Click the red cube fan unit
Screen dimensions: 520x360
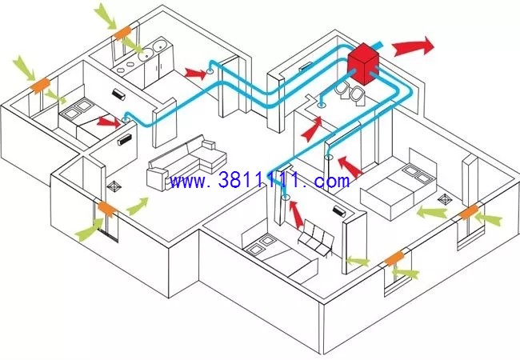click(363, 64)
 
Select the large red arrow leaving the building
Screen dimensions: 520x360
click(413, 46)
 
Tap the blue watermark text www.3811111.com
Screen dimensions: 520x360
click(259, 181)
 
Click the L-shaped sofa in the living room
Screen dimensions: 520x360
click(186, 162)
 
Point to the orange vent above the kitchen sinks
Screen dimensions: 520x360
click(122, 33)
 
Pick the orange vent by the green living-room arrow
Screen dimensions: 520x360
click(107, 209)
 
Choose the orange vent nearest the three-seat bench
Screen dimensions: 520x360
click(394, 258)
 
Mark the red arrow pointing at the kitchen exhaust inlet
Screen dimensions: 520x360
click(196, 74)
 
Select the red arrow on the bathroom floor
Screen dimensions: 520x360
click(312, 129)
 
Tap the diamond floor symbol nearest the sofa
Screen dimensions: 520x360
click(114, 186)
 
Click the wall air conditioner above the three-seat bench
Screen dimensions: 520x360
click(339, 211)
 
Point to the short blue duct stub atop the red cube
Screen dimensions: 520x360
click(378, 45)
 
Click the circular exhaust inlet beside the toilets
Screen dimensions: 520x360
click(321, 106)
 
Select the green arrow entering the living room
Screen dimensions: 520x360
click(138, 206)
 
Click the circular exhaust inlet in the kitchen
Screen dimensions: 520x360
click(210, 71)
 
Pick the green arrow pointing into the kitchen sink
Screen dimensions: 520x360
click(132, 45)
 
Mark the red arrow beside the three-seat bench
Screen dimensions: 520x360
click(296, 214)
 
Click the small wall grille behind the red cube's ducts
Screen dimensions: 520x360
click(305, 67)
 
